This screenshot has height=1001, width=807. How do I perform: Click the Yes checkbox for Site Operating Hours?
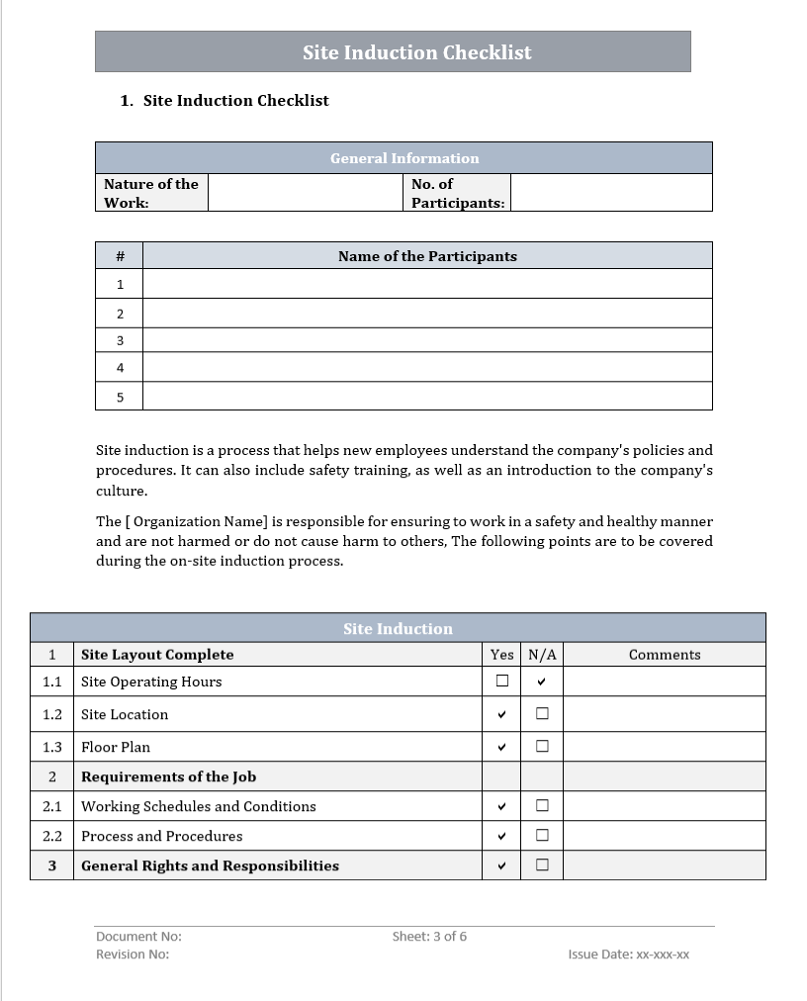[502, 681]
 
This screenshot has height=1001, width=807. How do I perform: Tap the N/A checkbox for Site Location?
[542, 713]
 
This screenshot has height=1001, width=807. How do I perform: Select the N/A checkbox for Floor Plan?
[542, 746]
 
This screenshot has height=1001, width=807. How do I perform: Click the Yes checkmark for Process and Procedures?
[502, 836]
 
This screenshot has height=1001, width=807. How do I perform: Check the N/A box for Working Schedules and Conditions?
[542, 805]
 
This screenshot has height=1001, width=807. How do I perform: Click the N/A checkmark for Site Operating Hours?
[542, 682]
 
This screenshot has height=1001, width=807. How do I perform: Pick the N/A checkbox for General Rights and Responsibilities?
[542, 864]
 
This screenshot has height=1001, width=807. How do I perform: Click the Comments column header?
[665, 655]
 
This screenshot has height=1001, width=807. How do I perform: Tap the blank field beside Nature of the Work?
[306, 193]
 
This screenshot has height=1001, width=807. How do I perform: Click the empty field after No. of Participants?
[610, 193]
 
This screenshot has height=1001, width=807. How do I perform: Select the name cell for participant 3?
[427, 340]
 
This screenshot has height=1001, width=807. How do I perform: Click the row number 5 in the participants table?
[120, 397]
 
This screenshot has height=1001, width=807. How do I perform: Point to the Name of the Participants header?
[427, 256]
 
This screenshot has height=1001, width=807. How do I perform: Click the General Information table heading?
[403, 158]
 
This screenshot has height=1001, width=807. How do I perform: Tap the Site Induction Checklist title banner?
[416, 52]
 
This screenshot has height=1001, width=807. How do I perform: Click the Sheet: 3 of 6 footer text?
[429, 936]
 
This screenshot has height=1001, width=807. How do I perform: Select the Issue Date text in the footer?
[628, 955]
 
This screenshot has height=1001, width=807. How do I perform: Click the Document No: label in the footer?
[138, 936]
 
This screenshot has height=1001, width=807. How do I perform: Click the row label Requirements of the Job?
[168, 776]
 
